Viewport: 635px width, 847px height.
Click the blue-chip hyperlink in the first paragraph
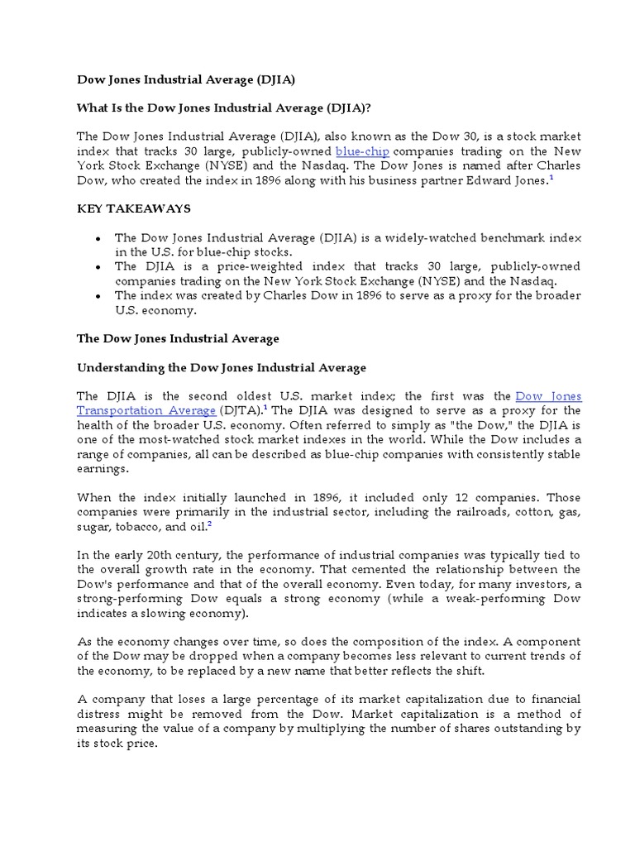click(x=362, y=151)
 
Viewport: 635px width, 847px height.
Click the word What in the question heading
click(x=93, y=108)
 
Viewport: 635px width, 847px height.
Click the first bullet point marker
click(x=98, y=237)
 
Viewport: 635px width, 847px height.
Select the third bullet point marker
click(x=98, y=295)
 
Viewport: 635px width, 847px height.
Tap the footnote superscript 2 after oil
click(x=210, y=524)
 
